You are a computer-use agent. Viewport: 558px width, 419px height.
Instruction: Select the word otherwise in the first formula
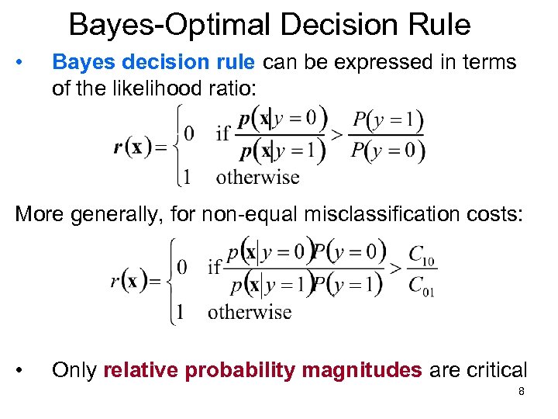[258, 177]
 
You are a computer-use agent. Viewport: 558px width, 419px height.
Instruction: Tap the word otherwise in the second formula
[250, 312]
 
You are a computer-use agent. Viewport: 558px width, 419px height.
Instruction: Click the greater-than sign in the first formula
[336, 135]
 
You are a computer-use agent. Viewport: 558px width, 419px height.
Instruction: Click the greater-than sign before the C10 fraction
[395, 268]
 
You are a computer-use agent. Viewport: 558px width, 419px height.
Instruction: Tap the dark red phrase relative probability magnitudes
[263, 370]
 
